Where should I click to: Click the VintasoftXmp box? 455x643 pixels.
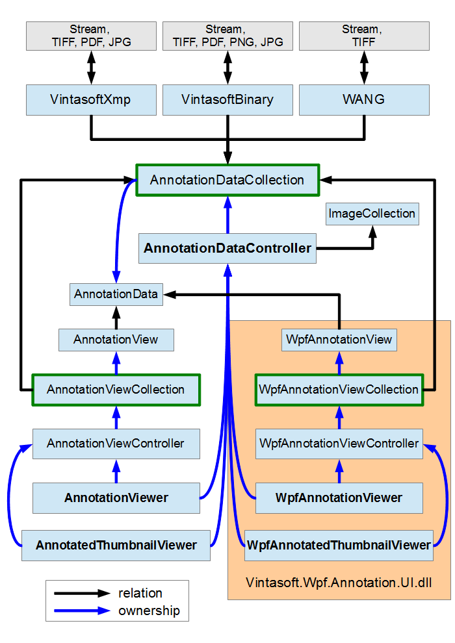tap(91, 100)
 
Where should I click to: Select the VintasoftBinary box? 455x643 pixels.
tap(227, 100)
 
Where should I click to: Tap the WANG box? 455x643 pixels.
tap(363, 100)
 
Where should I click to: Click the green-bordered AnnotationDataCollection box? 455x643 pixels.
tap(227, 180)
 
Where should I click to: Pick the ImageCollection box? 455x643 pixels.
tap(371, 214)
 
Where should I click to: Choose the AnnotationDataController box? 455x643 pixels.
tap(227, 248)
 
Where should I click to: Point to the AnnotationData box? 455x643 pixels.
tap(116, 294)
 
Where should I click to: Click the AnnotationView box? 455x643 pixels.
tap(116, 340)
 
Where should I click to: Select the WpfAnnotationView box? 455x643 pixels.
tap(339, 340)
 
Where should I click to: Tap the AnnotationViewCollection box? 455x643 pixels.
tap(116, 390)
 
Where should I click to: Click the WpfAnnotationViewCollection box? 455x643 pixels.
tap(339, 390)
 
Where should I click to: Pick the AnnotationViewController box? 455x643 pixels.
tap(116, 444)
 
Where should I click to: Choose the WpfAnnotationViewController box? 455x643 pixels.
tap(339, 444)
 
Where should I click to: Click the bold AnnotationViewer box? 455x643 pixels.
tap(116, 498)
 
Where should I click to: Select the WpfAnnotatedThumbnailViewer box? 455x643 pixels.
tap(339, 545)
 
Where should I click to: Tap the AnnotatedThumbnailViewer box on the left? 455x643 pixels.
tap(116, 545)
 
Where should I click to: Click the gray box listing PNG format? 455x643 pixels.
tap(227, 36)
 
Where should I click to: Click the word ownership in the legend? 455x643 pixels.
tap(149, 611)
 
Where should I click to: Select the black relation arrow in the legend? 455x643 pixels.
tap(82, 593)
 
